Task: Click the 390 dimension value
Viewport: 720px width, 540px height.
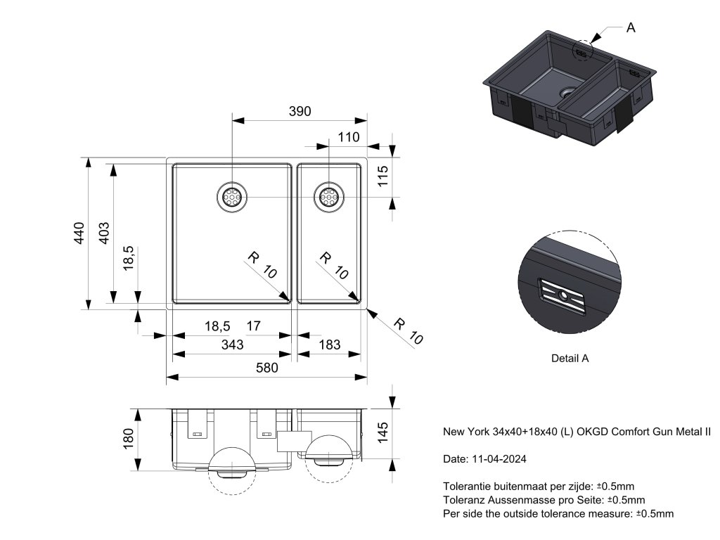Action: (x=300, y=111)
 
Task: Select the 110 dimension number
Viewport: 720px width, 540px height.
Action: (x=348, y=138)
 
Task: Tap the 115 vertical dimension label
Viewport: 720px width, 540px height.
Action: (x=382, y=175)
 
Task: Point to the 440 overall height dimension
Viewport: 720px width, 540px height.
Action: (x=79, y=233)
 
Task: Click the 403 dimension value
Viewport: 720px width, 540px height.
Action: (x=103, y=233)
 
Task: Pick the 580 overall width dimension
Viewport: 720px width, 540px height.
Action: (x=266, y=368)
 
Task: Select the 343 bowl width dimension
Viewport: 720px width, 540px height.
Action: (x=232, y=345)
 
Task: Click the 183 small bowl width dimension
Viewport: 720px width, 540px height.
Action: (x=329, y=345)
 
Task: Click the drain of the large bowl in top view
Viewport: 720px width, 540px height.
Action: (x=231, y=196)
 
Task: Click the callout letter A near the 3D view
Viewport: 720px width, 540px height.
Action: (x=630, y=27)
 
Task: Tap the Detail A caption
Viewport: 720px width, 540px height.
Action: (x=570, y=358)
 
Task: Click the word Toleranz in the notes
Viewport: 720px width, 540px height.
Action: (x=463, y=500)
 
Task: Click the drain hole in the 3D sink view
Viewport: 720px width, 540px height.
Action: (x=567, y=92)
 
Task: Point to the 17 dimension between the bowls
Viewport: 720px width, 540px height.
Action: (x=254, y=326)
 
